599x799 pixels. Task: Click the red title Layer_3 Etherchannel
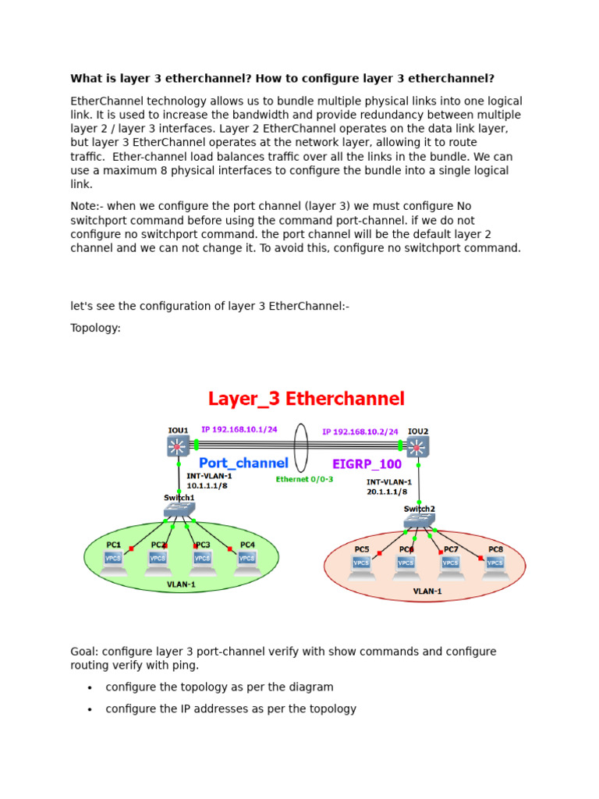[306, 399]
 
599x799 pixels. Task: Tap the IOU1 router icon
[178, 446]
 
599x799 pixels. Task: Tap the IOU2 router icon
[418, 446]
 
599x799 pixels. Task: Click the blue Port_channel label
[243, 463]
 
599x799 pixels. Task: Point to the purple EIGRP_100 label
[367, 464]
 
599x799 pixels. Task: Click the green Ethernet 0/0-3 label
[304, 479]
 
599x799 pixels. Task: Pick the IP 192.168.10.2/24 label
[361, 430]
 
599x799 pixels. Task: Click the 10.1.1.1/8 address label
[207, 485]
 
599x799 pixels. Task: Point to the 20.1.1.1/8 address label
[389, 492]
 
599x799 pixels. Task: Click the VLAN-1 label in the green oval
[181, 584]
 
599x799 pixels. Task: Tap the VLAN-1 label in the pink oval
[427, 591]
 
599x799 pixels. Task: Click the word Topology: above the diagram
[95, 328]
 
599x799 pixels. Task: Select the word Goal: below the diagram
[83, 652]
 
